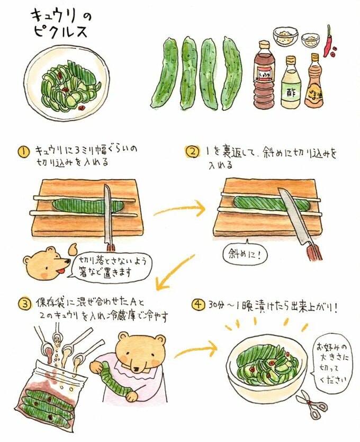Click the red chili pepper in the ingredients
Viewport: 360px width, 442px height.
click(329, 41)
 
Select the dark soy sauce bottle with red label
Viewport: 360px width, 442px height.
click(265, 77)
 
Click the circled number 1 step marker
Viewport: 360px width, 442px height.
click(24, 152)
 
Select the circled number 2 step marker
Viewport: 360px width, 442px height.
click(191, 152)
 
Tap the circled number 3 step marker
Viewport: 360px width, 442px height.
click(23, 304)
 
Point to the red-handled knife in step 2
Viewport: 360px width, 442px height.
click(300, 223)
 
